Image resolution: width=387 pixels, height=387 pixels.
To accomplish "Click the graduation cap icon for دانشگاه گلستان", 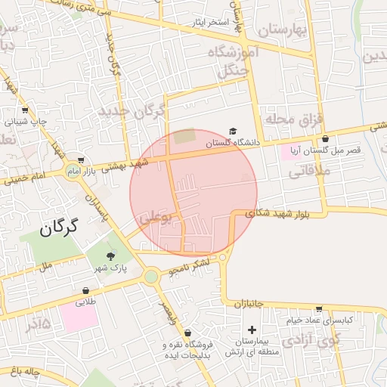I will tap(233, 132).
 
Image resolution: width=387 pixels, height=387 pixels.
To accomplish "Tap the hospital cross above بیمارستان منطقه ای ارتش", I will tap(252, 330).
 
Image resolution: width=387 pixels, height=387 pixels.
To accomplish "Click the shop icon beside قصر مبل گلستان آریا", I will tap(326, 139).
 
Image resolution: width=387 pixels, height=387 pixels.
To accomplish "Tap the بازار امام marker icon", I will tap(80, 160).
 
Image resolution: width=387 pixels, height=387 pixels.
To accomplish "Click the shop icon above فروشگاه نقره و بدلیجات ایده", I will tap(187, 333).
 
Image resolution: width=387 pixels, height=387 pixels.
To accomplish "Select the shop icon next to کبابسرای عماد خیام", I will tap(319, 309).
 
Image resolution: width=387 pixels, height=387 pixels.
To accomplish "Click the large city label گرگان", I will tap(60, 227).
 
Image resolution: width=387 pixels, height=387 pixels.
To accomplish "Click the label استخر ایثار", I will tap(209, 22).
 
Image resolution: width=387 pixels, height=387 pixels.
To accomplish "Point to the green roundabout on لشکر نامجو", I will tap(151, 277).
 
